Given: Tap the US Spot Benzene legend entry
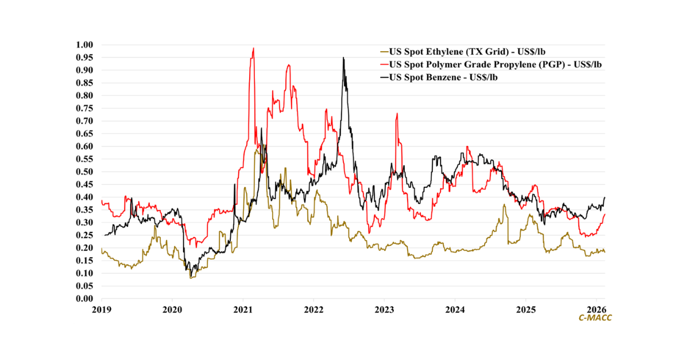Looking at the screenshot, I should pos(443,77).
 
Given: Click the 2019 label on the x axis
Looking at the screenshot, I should pos(102,310).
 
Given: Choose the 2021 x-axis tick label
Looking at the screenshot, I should pos(243,310).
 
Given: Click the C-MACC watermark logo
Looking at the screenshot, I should pos(595,318).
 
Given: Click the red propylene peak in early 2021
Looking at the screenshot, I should pos(253,49).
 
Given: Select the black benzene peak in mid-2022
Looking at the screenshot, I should pos(343,58).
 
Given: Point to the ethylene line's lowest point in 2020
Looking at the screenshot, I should pos(191,278).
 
